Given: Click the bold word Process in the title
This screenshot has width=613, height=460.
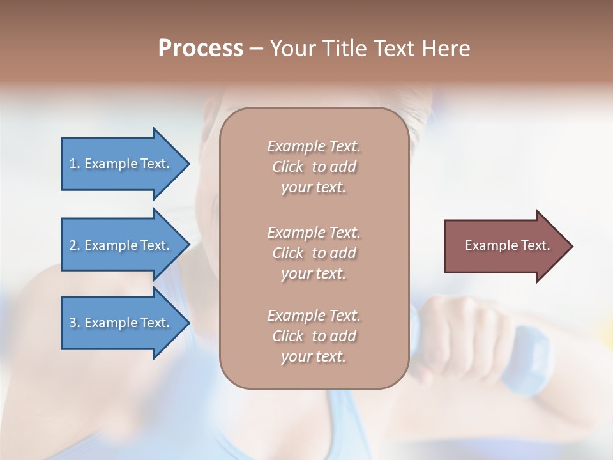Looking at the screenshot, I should coord(201,49).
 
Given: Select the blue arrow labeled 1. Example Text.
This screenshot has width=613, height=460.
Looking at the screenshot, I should coord(120,164).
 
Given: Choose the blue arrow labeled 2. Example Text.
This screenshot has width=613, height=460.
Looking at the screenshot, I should coord(120,245).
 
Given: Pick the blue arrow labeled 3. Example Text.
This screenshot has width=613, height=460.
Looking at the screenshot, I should coord(120,323).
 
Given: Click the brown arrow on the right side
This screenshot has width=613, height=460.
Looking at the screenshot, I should coord(504,246).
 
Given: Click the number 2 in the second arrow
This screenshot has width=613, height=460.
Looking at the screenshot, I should coord(73,245).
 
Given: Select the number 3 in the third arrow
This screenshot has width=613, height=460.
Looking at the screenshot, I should coord(73,323).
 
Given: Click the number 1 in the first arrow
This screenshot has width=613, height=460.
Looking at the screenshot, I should coord(73,164).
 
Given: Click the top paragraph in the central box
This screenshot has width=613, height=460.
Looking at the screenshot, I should coord(314,167).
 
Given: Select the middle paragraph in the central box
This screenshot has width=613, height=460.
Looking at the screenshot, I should coord(314,253).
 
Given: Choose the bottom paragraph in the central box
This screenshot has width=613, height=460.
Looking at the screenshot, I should coord(314,336).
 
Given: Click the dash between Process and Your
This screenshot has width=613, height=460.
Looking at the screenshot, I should coord(256,49).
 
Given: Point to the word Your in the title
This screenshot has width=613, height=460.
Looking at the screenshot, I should coord(294,49).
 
